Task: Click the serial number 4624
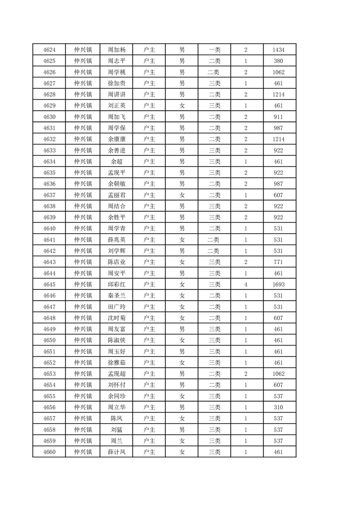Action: click(49, 50)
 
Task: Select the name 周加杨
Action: click(116, 50)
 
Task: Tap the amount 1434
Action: click(279, 50)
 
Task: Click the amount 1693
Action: click(279, 284)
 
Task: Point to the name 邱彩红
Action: click(116, 284)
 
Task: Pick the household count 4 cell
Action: click(246, 284)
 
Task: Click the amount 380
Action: click(279, 61)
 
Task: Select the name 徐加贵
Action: click(116, 83)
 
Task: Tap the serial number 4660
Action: click(49, 452)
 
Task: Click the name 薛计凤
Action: click(116, 452)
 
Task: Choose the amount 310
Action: click(279, 407)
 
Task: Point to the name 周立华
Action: click(116, 407)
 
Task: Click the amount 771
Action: click(279, 262)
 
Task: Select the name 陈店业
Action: click(116, 262)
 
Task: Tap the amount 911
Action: click(279, 117)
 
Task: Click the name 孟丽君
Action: click(116, 195)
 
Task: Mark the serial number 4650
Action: click(49, 340)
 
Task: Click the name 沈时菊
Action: click(116, 318)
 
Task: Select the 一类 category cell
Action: click(214, 50)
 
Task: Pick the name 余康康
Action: click(116, 139)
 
